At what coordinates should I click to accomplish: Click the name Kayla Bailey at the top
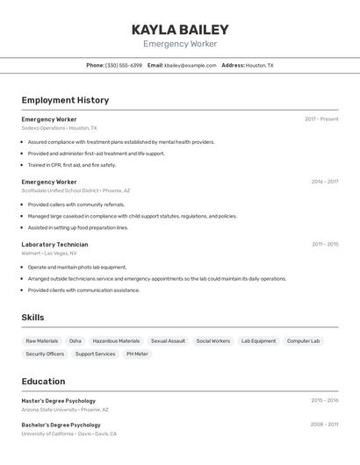point(180,29)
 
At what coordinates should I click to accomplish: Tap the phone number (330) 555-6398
point(123,65)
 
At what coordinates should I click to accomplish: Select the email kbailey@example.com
point(189,65)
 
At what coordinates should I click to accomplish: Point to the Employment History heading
point(65,100)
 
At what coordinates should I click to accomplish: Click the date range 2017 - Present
point(321,119)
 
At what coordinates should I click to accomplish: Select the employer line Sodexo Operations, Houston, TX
point(59,128)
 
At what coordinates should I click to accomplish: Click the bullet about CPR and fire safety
point(72,165)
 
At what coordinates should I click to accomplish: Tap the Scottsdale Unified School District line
point(76,190)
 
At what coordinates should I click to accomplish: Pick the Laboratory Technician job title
point(54,245)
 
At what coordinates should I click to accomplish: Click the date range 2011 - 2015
point(325,245)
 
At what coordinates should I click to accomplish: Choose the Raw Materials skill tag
point(42,340)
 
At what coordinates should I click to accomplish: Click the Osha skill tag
point(76,340)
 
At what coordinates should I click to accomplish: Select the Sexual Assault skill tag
point(168,340)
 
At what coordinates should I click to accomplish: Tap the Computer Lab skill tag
point(303,340)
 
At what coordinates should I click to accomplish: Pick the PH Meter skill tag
point(137,354)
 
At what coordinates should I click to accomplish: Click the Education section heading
point(43,382)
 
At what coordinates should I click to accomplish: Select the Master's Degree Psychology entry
point(59,401)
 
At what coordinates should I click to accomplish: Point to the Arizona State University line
point(65,410)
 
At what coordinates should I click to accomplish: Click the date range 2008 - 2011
point(325,425)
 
